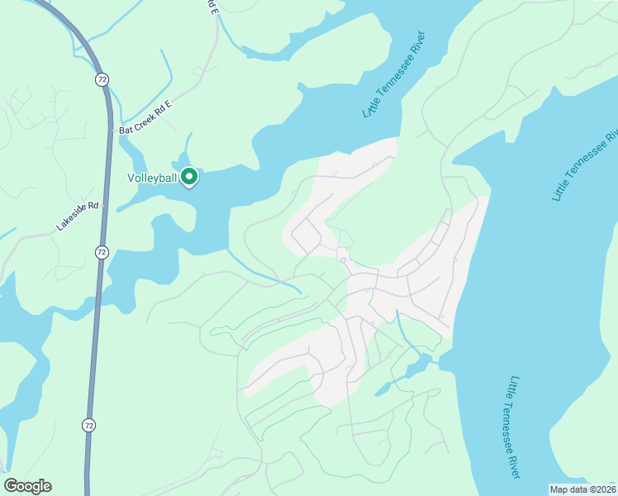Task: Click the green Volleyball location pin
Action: point(188,177)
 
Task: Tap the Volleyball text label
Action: point(153,177)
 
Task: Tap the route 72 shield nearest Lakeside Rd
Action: point(101,252)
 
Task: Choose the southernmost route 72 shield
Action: point(89,424)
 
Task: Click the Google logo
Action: point(27,486)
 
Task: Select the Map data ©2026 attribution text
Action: point(583,489)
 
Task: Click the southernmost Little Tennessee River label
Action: point(514,427)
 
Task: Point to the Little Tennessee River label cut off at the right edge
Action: point(585,165)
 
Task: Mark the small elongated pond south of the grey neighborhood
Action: point(383,388)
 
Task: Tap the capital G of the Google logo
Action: point(12,486)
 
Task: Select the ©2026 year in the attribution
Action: point(602,489)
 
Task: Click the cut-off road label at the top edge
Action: point(212,7)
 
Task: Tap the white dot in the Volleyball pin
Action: point(188,175)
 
